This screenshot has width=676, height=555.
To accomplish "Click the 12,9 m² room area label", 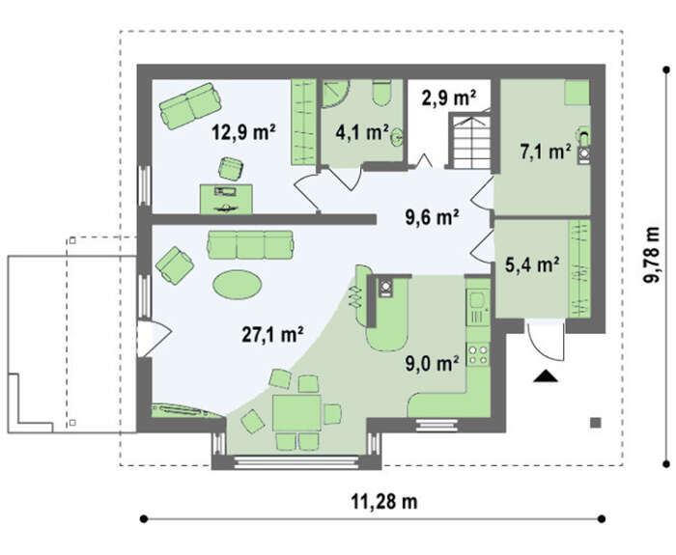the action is coord(243,132).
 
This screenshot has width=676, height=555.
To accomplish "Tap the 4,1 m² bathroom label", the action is coord(362,132).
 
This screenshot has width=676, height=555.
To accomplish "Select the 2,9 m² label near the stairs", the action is coord(449,97).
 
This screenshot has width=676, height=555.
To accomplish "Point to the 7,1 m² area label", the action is coord(546,152).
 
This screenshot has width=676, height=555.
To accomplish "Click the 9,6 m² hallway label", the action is coord(432,217).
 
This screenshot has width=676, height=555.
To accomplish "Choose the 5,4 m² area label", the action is coord(532,265).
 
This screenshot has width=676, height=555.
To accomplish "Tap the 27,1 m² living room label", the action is coord(272,334).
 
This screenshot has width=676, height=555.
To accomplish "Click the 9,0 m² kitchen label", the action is coord(432,364).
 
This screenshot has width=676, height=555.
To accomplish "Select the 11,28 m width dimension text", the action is coord(384,502).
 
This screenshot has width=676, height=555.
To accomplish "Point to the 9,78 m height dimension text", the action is coord(652,254).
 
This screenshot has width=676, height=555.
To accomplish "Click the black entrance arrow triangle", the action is coord(546,376).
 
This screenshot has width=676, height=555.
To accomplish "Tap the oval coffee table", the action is coord(238,285).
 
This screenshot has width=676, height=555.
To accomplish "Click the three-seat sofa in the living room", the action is coord(250,245).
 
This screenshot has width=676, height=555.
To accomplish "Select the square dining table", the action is coord(297,413).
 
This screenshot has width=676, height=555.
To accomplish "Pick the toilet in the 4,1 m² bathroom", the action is coord(382,93).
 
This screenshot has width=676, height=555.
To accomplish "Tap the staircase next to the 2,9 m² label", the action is coord(470,140).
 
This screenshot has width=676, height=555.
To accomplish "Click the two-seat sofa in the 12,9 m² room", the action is coord(189,106).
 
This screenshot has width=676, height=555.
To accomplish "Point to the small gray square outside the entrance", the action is coord(596,423).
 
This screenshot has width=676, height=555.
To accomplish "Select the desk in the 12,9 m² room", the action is coord(226,199).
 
